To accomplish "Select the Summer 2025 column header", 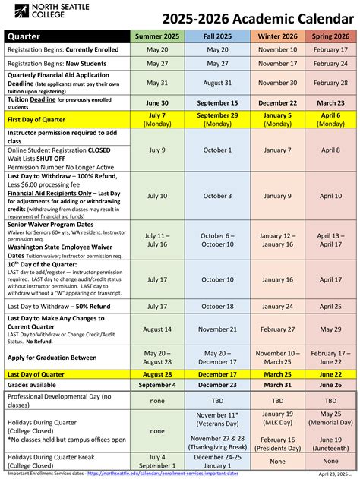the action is coord(157,36).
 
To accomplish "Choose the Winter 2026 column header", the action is coord(277,36).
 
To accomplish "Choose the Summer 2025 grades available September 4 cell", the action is coord(157,385).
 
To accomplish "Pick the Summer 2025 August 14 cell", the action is coord(157,329).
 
